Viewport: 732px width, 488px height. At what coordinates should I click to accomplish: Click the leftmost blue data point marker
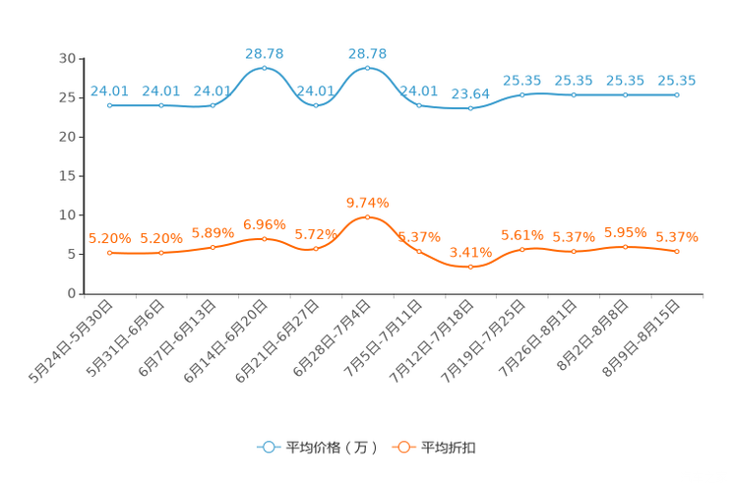coord(109,104)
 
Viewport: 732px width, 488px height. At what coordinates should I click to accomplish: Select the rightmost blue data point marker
coord(677,94)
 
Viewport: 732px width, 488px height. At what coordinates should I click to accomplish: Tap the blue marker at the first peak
coord(264,69)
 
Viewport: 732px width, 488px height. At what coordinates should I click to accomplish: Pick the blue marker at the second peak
coord(367,68)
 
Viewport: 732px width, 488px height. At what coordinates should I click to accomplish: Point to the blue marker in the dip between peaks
coord(316,103)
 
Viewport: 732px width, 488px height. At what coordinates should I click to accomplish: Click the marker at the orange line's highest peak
coord(367,216)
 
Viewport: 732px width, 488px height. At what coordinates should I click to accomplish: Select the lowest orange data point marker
coord(471,266)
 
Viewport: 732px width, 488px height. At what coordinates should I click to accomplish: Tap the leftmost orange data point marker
coord(109,253)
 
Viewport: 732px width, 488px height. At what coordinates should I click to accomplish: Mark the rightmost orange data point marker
coord(677,252)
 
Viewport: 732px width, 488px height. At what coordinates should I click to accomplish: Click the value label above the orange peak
coord(368,202)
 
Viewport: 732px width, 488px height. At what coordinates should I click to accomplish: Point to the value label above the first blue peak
coord(264,52)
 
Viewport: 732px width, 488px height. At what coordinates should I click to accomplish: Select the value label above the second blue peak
coord(368,52)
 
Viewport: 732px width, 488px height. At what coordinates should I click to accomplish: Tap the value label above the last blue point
coord(677,81)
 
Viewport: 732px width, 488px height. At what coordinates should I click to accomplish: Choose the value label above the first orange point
coord(109,238)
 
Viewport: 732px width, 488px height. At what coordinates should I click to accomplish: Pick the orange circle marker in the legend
coord(403,447)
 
